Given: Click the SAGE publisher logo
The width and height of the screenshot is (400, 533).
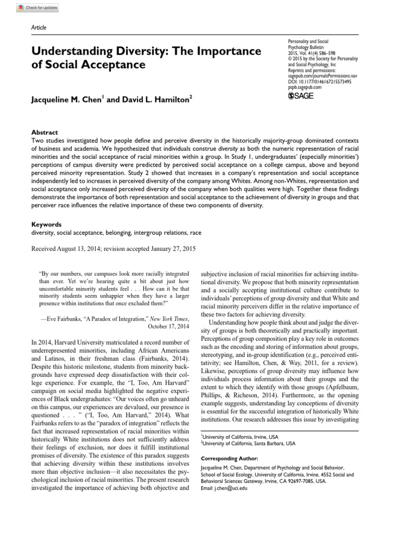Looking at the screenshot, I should click(x=300, y=96).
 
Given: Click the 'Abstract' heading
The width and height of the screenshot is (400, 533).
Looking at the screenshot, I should click(x=45, y=132).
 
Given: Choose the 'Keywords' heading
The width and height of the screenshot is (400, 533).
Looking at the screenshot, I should click(x=46, y=224).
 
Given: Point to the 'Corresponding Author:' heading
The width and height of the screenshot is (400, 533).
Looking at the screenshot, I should click(x=229, y=459).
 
